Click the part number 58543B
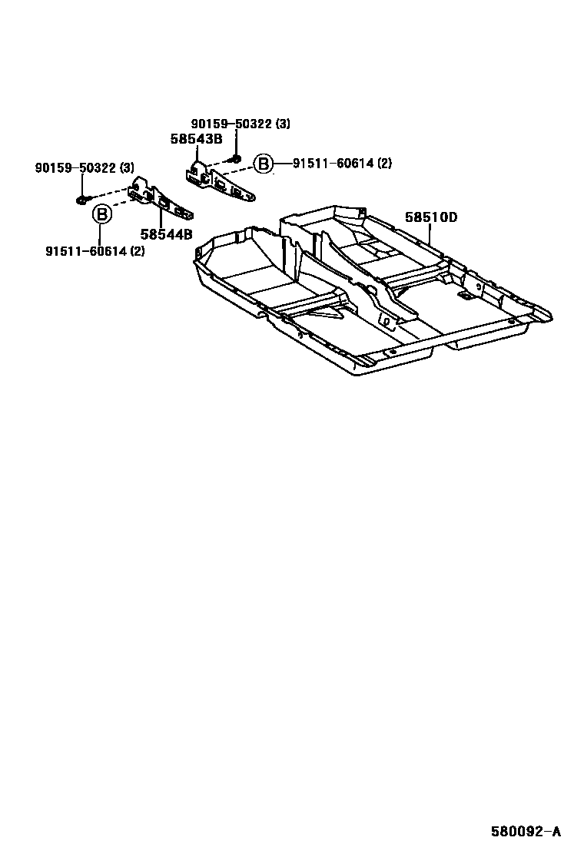click(196, 139)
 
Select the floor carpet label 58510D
click(430, 217)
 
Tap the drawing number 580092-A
click(526, 831)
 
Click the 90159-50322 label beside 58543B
click(230, 124)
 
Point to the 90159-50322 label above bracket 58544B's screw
click(74, 167)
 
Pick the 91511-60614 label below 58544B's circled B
click(85, 251)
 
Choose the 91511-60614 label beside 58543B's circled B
click(333, 164)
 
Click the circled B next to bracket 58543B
click(263, 164)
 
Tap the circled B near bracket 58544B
click(101, 214)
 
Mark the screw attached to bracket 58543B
click(235, 159)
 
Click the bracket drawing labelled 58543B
click(219, 183)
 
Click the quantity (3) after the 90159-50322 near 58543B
click(284, 124)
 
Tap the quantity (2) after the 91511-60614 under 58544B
click(135, 251)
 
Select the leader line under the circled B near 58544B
click(101, 233)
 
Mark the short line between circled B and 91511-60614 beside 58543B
click(281, 164)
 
